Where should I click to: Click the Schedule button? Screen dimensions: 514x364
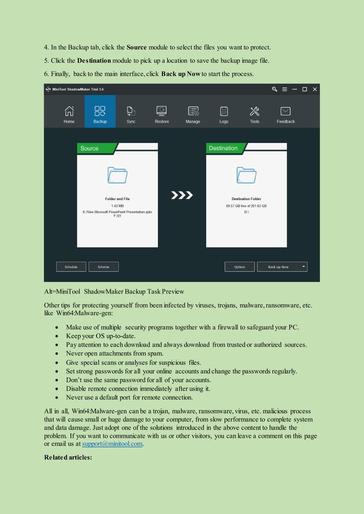click(71, 267)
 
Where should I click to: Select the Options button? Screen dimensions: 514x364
click(240, 267)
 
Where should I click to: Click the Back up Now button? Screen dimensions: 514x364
click(278, 267)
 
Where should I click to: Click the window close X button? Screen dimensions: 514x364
click(314, 89)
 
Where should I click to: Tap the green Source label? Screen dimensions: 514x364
click(90, 148)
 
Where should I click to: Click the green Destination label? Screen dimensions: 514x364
click(223, 148)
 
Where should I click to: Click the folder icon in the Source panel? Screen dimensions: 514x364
click(117, 175)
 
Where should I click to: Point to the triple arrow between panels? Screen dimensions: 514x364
click(182, 195)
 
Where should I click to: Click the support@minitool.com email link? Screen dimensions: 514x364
click(112, 444)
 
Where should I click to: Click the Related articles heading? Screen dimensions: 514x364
click(67, 458)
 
